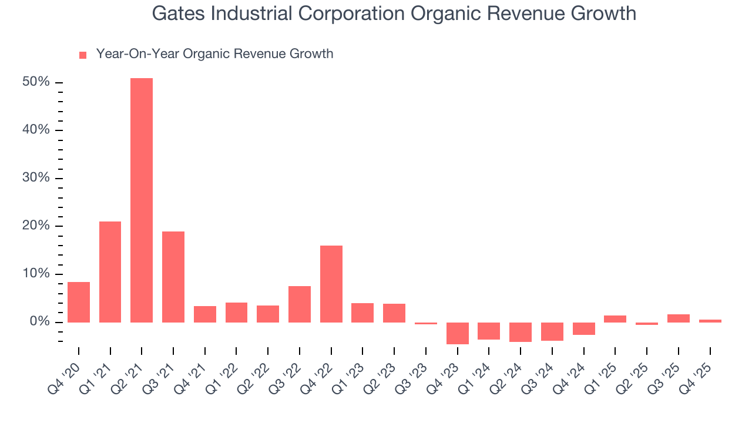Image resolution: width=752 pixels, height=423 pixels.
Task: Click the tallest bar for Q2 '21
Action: coord(142,200)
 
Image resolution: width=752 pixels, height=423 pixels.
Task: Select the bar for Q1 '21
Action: coord(110,271)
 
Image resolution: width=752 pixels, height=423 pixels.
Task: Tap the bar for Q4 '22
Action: coord(331,284)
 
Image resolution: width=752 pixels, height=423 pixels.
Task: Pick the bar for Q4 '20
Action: coord(79,302)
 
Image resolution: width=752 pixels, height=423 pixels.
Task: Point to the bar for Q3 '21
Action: coord(173,277)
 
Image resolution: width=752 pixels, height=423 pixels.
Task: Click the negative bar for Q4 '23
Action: coord(458,333)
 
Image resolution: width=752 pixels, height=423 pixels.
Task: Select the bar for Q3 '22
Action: coord(300,304)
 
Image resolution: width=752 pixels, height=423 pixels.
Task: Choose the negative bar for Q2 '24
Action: coord(521,332)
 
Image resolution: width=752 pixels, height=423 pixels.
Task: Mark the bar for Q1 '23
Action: coord(362,313)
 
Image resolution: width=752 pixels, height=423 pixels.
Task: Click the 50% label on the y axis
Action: coord(36,82)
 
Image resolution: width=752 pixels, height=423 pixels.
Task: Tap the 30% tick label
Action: coord(36,179)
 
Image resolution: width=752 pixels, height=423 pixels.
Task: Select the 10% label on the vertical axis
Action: coord(36,274)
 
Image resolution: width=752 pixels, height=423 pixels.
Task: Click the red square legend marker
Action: coord(83,55)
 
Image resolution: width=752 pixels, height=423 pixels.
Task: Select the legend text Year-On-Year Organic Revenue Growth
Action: coord(214,54)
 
